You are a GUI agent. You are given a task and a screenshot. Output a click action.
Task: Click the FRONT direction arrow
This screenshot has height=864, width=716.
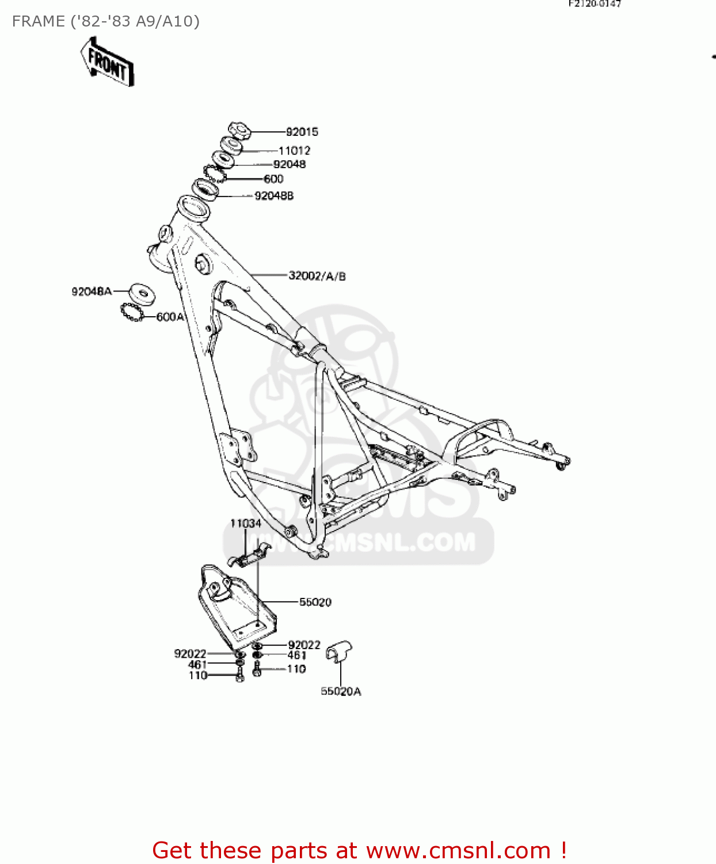107,62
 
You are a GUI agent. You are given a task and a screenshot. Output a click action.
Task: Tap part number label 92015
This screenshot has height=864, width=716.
302,132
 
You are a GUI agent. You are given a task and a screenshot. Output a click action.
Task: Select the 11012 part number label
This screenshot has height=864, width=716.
294,151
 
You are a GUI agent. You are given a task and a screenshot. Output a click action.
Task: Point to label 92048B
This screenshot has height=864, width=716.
274,196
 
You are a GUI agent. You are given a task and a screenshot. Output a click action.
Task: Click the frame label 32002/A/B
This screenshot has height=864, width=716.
317,276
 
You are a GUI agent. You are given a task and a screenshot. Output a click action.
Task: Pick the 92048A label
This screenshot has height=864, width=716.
92,291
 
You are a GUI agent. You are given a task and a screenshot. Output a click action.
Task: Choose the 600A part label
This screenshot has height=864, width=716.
170,317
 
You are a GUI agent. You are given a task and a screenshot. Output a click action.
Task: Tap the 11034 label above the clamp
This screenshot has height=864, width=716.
246,523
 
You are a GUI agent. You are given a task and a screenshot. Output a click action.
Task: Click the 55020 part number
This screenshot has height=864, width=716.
315,602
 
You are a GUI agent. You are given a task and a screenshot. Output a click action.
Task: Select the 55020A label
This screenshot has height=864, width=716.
341,691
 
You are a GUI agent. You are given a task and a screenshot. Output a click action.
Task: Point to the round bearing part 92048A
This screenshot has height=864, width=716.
141,294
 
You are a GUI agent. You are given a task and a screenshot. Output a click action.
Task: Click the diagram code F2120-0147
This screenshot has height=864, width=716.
595,4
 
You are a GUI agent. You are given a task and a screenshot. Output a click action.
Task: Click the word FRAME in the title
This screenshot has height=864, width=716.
38,21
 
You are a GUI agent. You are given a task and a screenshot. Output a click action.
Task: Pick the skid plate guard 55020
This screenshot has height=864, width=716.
236,605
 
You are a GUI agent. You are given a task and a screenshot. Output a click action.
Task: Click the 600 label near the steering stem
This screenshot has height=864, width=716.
273,179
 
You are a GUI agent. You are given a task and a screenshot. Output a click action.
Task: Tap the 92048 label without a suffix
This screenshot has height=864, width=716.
290,164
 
